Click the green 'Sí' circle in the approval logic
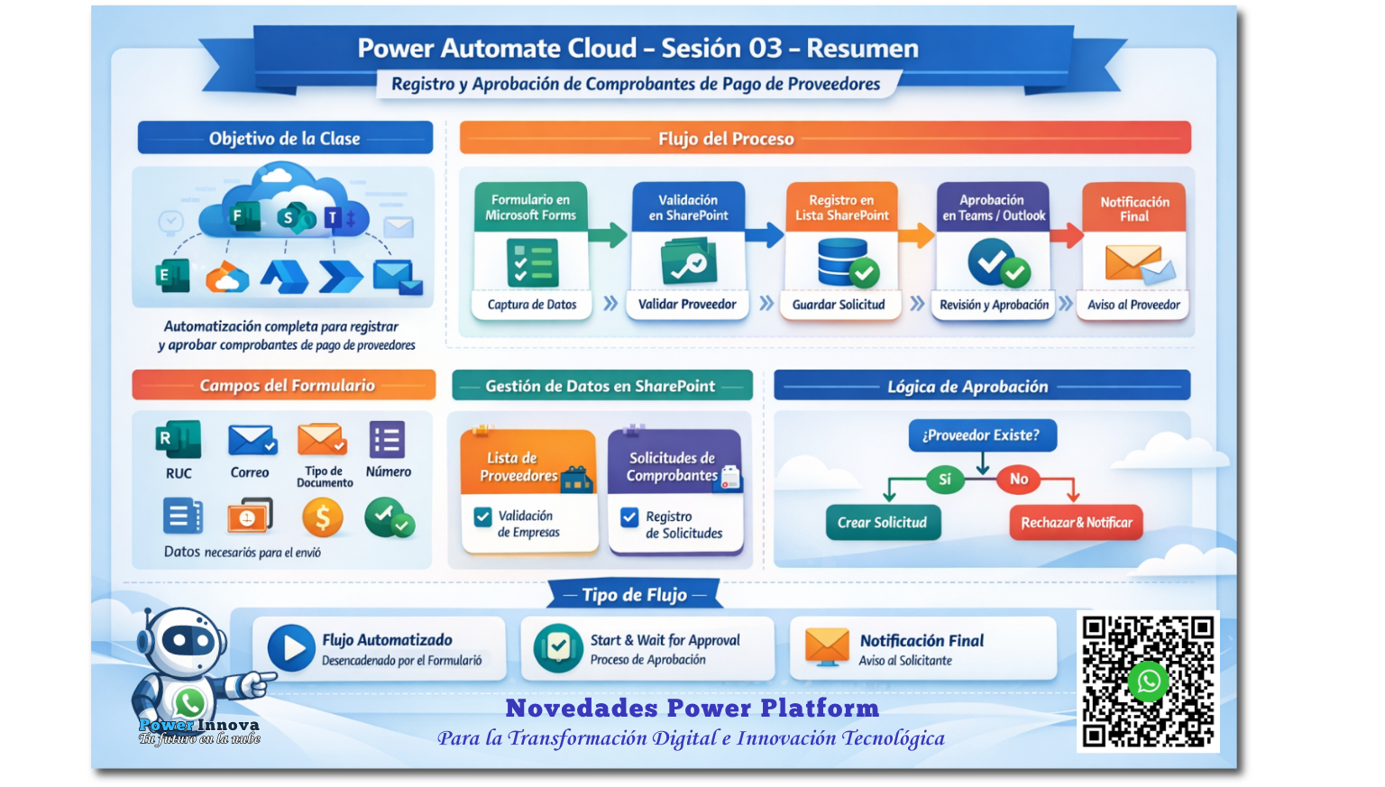pyautogui.click(x=944, y=479)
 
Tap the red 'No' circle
pyautogui.click(x=1018, y=479)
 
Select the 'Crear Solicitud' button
pyautogui.click(x=883, y=522)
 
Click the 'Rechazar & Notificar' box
pyautogui.click(x=1076, y=522)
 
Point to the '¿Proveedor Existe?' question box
pyautogui.click(x=982, y=435)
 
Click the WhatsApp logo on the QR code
pyautogui.click(x=1148, y=682)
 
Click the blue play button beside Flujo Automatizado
pyautogui.click(x=291, y=648)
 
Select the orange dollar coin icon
pyautogui.click(x=322, y=517)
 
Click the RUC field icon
pyautogui.click(x=179, y=440)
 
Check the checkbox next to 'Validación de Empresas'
pyautogui.click(x=482, y=517)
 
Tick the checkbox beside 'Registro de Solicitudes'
pyautogui.click(x=629, y=517)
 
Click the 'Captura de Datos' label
pyautogui.click(x=532, y=304)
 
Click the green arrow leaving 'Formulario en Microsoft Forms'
pyautogui.click(x=609, y=234)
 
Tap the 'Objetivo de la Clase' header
pyautogui.click(x=285, y=138)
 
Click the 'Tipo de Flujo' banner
pyautogui.click(x=635, y=595)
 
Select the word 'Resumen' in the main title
pyautogui.click(x=863, y=48)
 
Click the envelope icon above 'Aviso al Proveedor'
pyautogui.click(x=1140, y=265)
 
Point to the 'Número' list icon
pyautogui.click(x=387, y=440)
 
